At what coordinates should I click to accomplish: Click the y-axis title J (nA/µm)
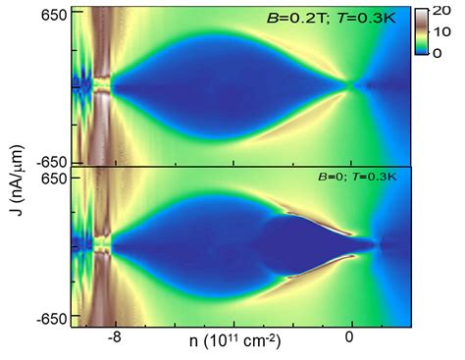(x=15, y=173)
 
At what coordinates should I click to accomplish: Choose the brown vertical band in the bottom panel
(x=97, y=245)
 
